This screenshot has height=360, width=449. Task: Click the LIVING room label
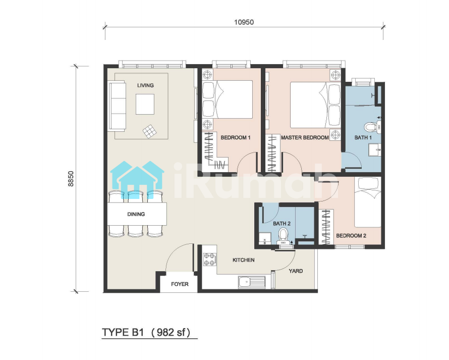145,85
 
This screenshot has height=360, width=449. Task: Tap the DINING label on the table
136,214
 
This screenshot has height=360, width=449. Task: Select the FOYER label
180,284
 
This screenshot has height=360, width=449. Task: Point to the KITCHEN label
243,260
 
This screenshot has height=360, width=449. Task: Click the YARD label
296,271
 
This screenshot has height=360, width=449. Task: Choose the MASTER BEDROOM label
305,137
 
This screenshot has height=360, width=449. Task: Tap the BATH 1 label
363,137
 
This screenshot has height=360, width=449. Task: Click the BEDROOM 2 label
351,236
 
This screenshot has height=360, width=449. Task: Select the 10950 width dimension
244,22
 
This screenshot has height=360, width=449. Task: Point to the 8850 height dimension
71,179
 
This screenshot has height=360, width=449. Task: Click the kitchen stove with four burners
209,259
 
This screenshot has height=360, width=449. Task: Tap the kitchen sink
252,282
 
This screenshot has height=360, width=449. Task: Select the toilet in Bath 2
283,234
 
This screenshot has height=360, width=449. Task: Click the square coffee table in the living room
145,104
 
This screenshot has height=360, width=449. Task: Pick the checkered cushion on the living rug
150,132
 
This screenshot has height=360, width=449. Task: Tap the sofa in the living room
117,107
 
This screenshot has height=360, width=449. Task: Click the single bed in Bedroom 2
368,202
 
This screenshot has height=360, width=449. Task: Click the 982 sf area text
171,333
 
